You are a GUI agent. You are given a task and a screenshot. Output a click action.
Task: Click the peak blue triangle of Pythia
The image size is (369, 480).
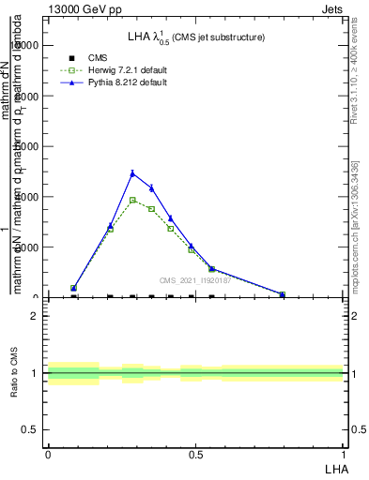click(132, 172)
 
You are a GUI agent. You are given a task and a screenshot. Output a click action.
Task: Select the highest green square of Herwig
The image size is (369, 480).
click(132, 200)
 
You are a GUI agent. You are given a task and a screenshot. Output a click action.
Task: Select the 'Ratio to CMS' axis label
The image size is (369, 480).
click(15, 373)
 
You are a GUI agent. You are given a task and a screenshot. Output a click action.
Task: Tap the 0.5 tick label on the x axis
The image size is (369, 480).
click(195, 455)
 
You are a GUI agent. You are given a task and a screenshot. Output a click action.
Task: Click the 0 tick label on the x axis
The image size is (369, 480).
click(48, 455)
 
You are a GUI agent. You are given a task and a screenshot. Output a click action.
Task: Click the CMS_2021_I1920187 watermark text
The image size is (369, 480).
click(194, 280)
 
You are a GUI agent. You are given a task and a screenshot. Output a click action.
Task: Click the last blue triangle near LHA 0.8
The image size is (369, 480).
click(282, 294)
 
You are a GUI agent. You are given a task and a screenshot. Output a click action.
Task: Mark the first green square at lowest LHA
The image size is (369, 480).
click(73, 289)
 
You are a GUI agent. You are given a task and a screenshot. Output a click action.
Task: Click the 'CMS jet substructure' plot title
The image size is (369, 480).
click(218, 37)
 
